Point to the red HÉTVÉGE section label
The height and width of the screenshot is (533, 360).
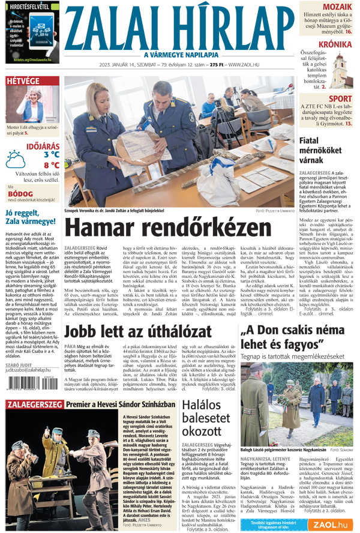click(23, 82)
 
